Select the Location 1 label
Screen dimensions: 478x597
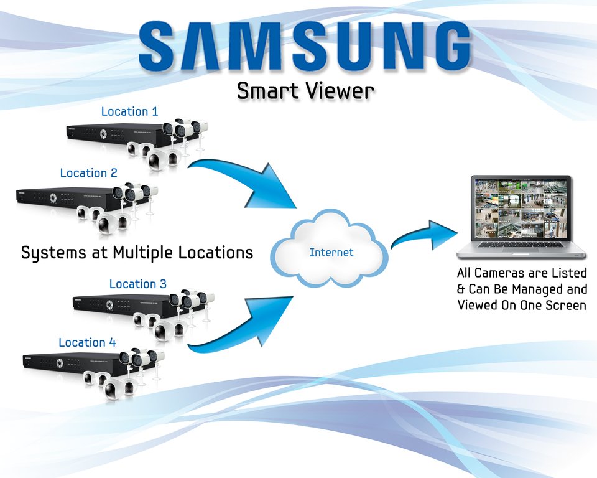129,111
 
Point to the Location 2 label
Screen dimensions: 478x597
88,173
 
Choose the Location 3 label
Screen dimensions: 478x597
137,284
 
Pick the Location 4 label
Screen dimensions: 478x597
87,342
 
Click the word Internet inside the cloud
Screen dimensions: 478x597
331,253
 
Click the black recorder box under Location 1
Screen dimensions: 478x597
112,133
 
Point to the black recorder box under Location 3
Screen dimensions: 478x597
118,304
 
